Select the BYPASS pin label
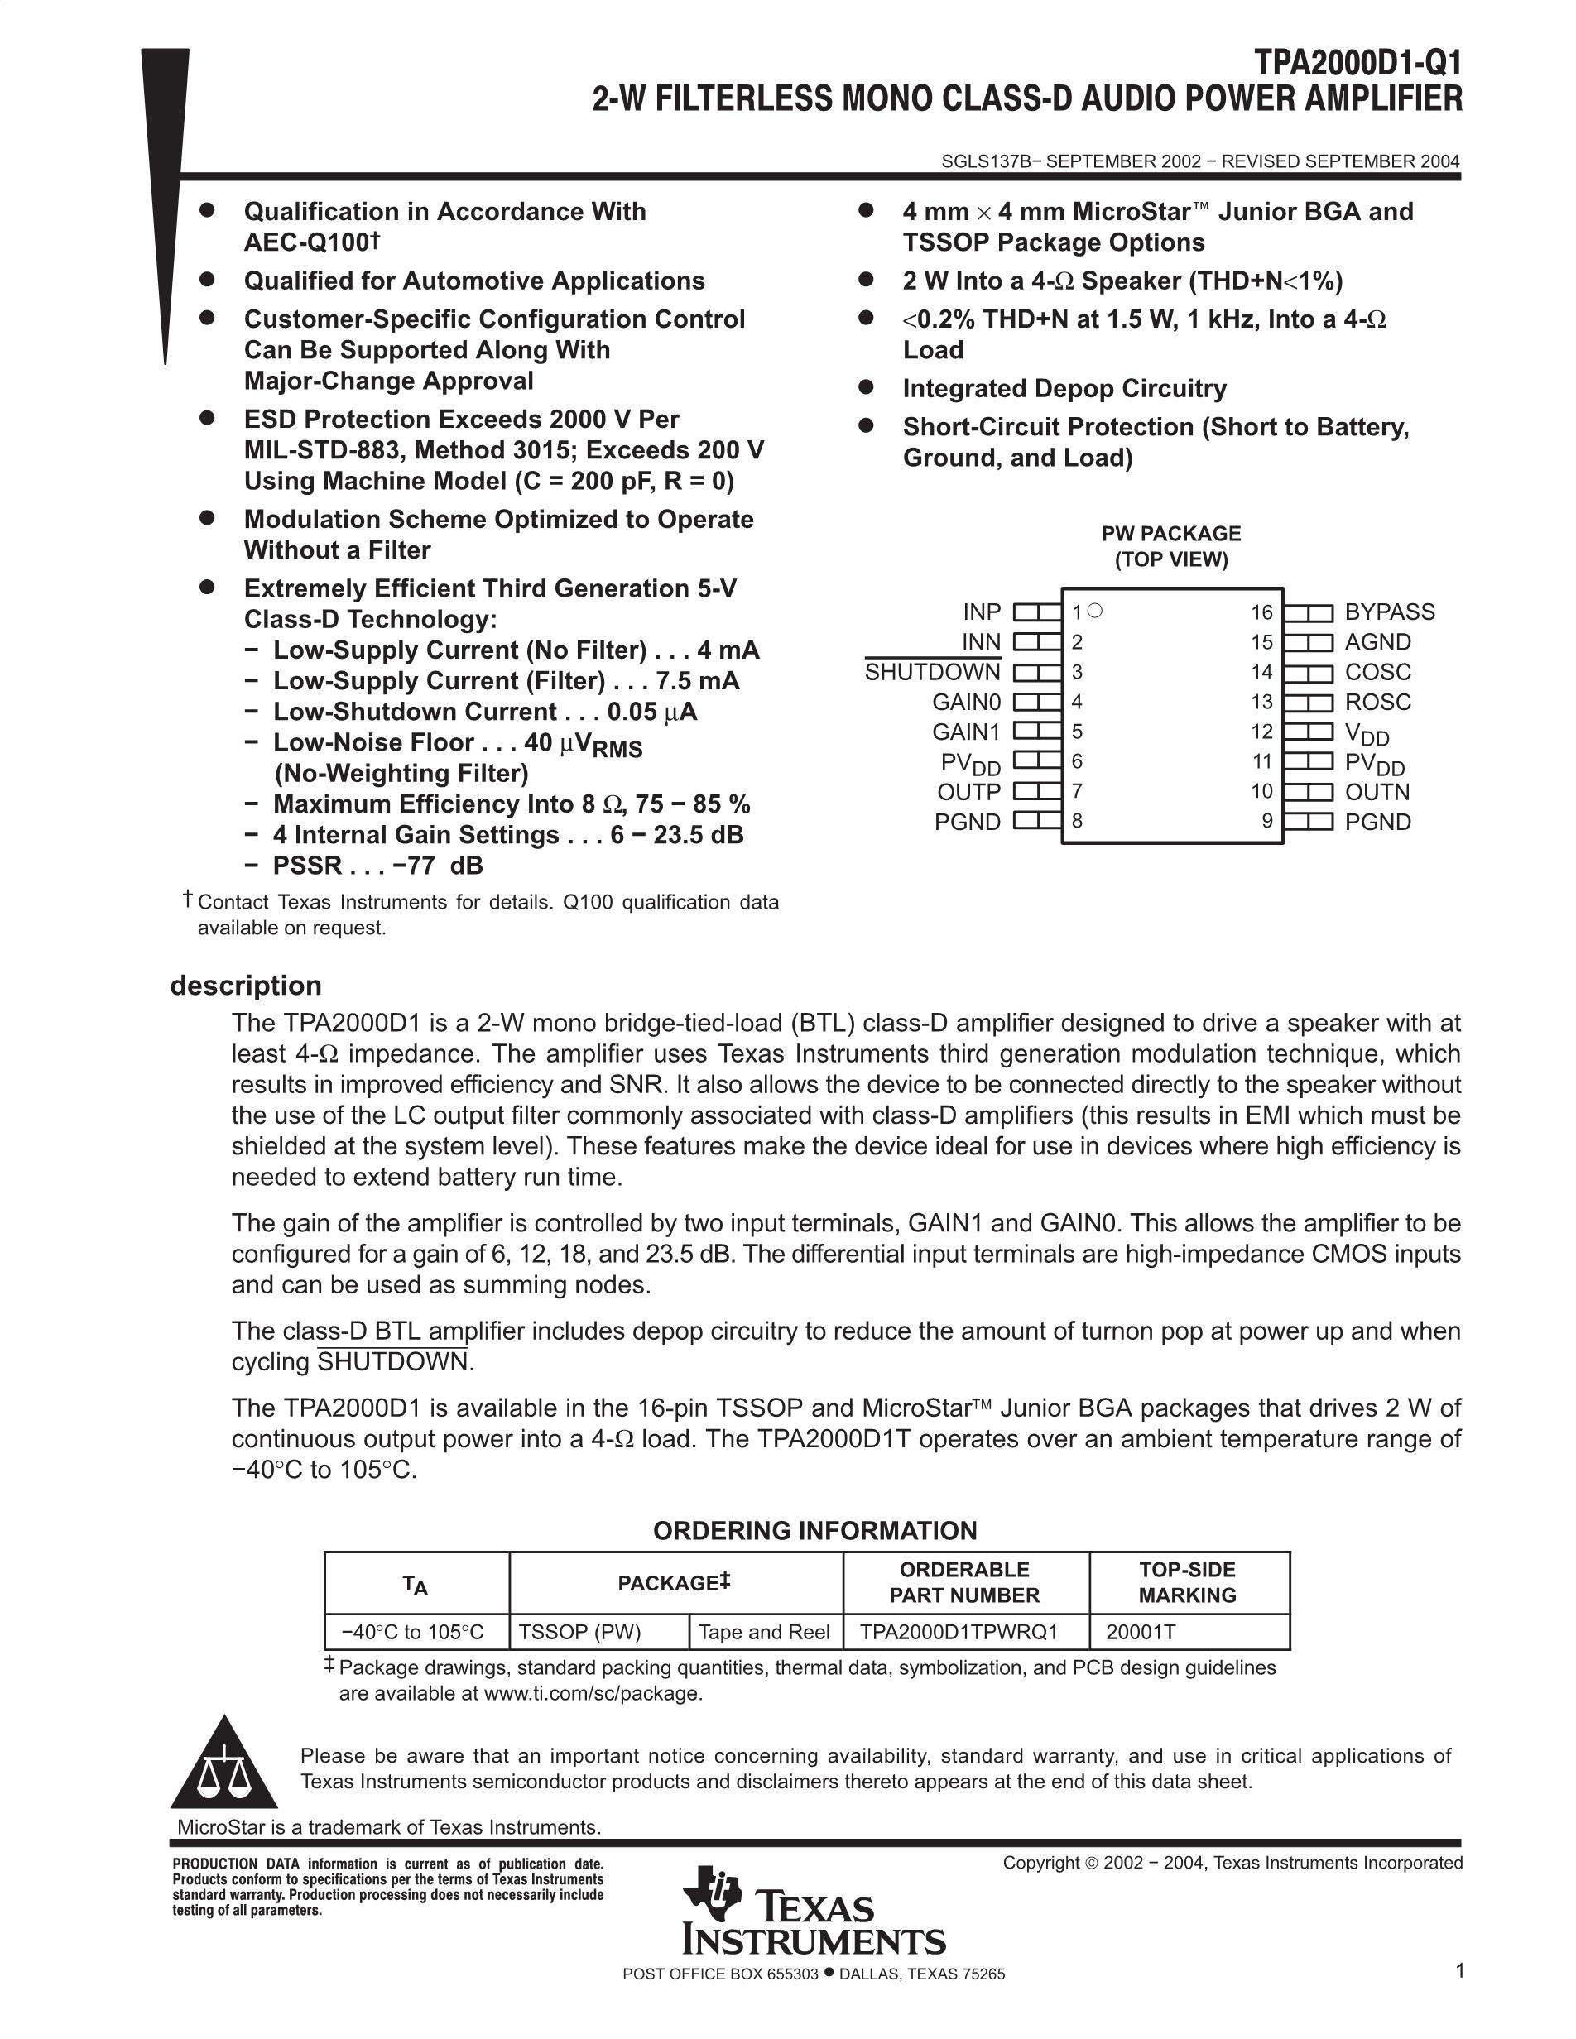(1389, 612)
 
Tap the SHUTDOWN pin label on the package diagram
(932, 672)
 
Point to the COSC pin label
(1377, 672)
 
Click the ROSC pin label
(1377, 702)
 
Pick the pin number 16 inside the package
(1261, 612)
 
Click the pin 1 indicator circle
(1096, 611)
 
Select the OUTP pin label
(968, 792)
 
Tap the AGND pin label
(1377, 642)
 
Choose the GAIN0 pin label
(965, 702)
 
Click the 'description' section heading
(246, 986)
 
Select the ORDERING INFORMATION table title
(814, 1531)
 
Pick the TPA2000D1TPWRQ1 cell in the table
(958, 1632)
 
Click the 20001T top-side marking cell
(1140, 1632)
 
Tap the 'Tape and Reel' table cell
(764, 1632)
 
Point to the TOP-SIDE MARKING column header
(1187, 1582)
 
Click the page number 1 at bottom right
(1459, 1971)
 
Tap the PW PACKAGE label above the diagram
(1170, 534)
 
